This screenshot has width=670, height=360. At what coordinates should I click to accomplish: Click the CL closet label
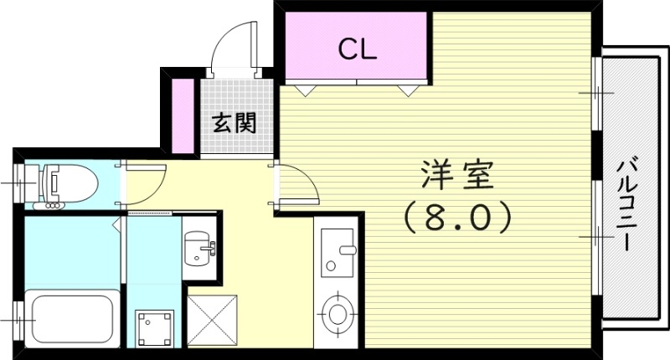point(358,49)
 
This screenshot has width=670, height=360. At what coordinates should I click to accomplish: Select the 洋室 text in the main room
point(456,177)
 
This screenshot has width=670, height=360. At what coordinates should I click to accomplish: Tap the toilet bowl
point(66,181)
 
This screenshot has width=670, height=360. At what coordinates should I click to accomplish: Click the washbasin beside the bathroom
point(199,247)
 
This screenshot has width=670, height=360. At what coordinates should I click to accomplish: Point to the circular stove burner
point(338,311)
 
